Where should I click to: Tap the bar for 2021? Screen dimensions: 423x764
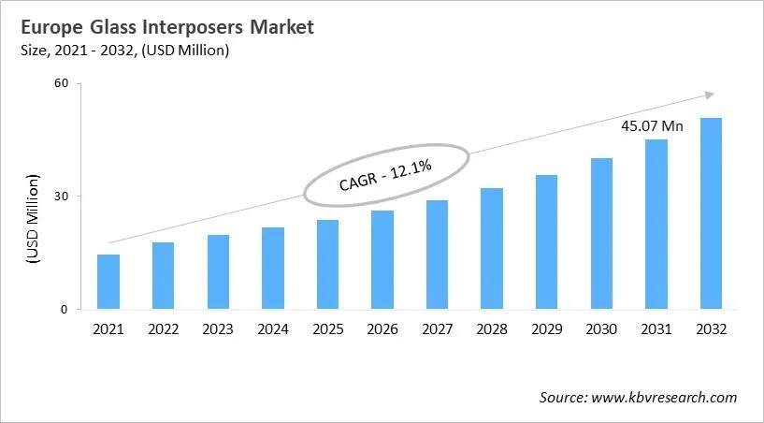point(108,282)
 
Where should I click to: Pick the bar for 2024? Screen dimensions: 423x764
point(273,269)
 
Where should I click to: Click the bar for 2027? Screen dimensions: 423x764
point(437,255)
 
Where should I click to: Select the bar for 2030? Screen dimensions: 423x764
point(601,234)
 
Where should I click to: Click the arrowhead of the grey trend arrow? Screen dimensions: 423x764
point(710,94)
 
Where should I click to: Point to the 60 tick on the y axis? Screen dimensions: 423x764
point(63,83)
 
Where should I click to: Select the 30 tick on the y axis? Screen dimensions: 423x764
point(63,197)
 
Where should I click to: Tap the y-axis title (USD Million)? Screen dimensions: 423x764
point(34,221)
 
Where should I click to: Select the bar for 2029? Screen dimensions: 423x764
point(546,242)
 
